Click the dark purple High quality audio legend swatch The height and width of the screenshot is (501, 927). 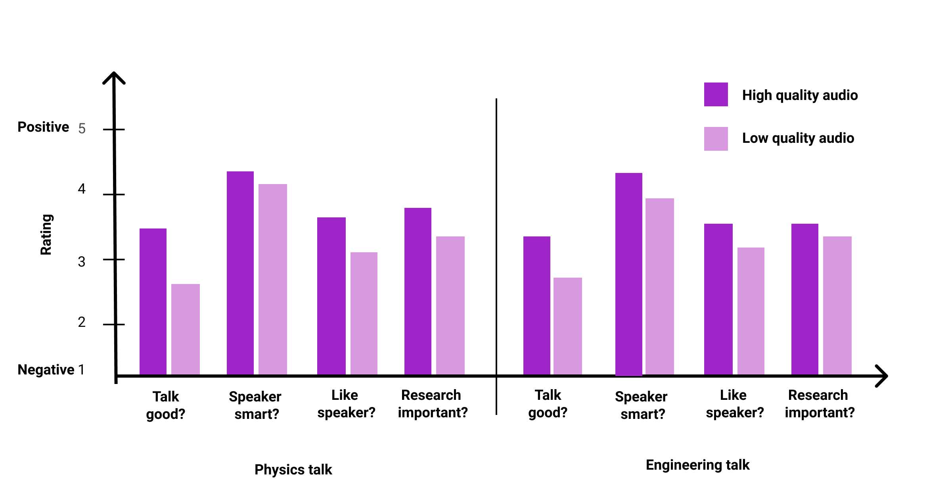pos(716,94)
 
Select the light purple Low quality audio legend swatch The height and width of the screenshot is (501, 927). pos(716,139)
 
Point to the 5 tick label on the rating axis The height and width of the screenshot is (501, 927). pos(82,129)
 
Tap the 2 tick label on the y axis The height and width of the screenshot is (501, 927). pos(82,322)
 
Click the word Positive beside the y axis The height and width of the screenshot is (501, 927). pos(43,127)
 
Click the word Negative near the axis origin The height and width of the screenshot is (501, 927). pos(46,370)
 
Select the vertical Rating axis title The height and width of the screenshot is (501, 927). pos(46,234)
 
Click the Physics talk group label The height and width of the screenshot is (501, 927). pos(293,470)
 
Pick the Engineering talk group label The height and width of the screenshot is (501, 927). pos(697,465)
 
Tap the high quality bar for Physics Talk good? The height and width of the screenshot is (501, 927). pos(153,301)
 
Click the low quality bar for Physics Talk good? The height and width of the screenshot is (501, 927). pos(186,329)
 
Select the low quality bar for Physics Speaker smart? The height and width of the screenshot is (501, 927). pos(273,279)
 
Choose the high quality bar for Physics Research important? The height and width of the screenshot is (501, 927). pos(418,291)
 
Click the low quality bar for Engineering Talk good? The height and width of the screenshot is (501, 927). pos(568,326)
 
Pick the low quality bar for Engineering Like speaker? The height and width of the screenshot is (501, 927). pos(751,311)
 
